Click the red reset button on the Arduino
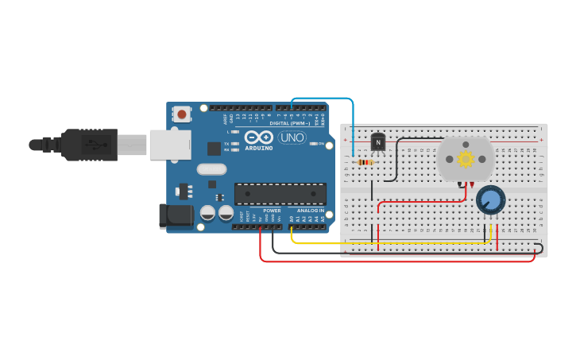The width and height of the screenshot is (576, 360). (182, 114)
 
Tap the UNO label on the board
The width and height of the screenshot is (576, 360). (292, 137)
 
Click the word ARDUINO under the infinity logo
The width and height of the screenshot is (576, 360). (259, 148)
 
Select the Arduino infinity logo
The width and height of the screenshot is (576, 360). (259, 137)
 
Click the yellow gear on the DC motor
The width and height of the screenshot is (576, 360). (466, 159)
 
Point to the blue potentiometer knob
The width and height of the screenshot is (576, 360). (490, 200)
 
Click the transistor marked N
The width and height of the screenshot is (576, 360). (378, 142)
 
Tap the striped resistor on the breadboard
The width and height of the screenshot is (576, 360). (365, 162)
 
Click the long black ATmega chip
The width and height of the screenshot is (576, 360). (280, 194)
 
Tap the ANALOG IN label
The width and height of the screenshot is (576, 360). (311, 211)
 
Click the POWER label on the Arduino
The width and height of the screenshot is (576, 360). (272, 211)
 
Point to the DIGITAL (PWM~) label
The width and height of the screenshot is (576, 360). (289, 123)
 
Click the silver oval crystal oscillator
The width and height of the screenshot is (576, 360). (211, 168)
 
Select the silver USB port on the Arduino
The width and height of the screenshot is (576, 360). (170, 145)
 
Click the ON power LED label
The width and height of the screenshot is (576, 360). (321, 144)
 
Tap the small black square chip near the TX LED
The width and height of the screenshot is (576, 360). (214, 148)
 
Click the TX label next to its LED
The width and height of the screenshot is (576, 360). (226, 143)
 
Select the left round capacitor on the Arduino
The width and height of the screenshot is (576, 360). (207, 213)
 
